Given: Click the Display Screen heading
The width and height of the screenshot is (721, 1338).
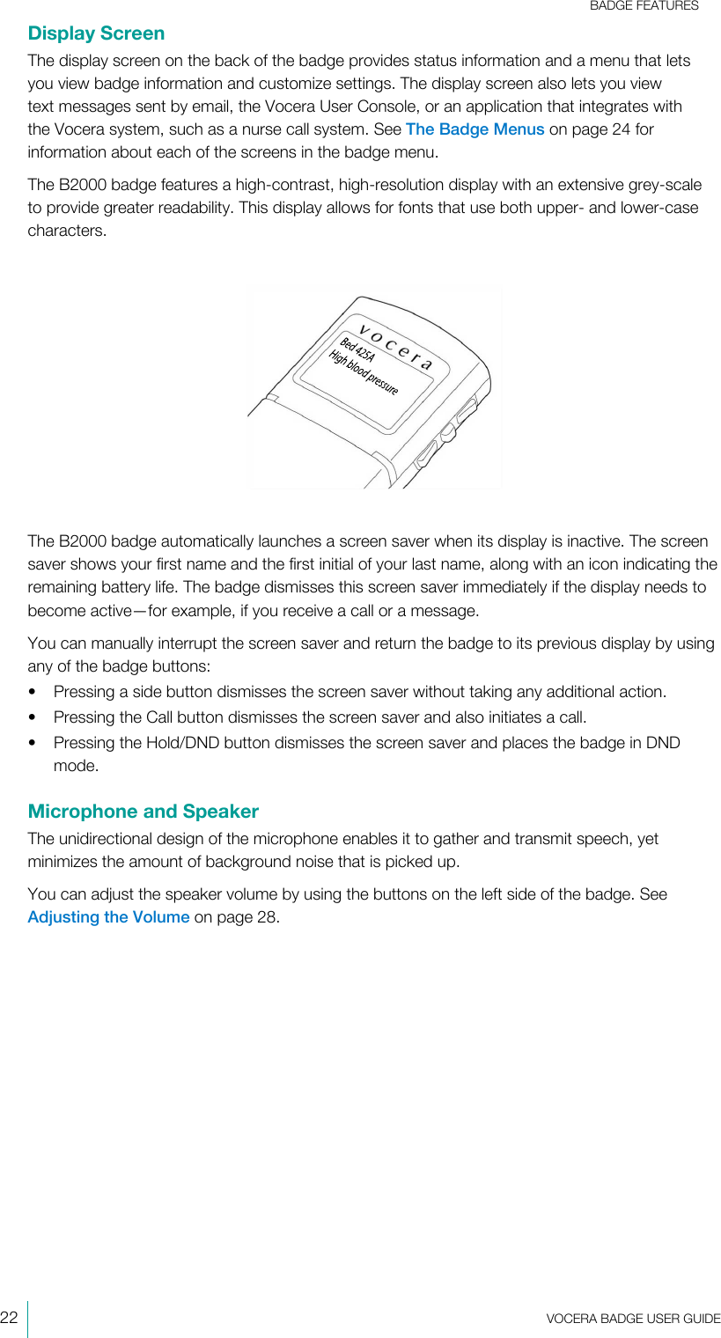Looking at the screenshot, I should pyautogui.click(x=96, y=33).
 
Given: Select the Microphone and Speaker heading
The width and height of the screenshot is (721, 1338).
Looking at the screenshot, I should pyautogui.click(x=143, y=811).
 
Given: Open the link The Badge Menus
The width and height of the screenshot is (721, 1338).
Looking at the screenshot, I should pyautogui.click(x=475, y=129).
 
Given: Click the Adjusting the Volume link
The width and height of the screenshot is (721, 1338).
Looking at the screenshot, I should pyautogui.click(x=108, y=916).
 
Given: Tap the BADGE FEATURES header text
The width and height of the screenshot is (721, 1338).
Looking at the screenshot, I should pyautogui.click(x=644, y=6).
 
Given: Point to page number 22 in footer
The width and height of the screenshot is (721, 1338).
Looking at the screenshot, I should pyautogui.click(x=10, y=1318).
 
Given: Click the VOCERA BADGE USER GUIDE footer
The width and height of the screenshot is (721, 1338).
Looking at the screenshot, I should pyautogui.click(x=632, y=1318).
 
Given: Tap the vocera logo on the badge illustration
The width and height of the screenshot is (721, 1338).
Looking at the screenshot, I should pyautogui.click(x=396, y=349).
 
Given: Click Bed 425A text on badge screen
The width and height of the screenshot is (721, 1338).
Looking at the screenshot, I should pyautogui.click(x=357, y=350).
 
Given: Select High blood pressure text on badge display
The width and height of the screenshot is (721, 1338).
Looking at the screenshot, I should pyautogui.click(x=363, y=373).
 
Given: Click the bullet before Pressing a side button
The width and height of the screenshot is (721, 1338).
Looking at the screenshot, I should pyautogui.click(x=33, y=692).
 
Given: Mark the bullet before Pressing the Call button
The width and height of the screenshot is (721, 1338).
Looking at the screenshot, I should pyautogui.click(x=33, y=717).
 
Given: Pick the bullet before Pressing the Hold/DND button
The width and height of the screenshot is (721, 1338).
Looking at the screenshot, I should pyautogui.click(x=33, y=743).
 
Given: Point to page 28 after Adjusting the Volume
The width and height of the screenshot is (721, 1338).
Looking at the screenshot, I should pyautogui.click(x=246, y=916).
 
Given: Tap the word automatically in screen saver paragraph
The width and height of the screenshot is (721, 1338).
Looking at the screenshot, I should pyautogui.click(x=207, y=540).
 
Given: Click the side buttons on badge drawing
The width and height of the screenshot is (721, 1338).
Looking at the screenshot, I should pyautogui.click(x=446, y=431).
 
